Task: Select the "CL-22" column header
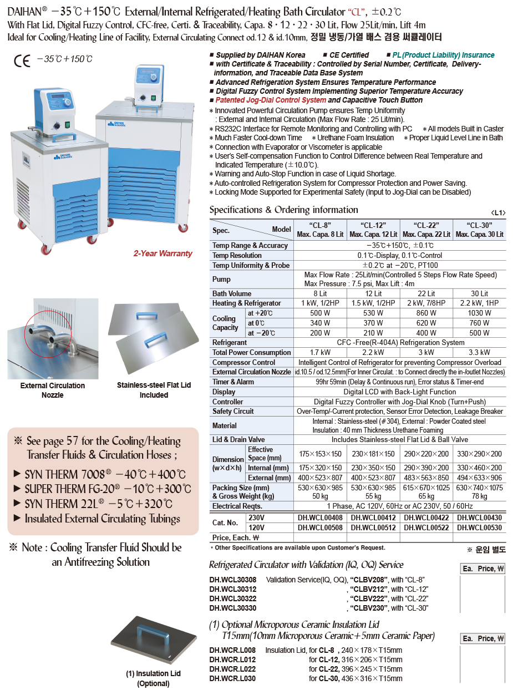point(426,229)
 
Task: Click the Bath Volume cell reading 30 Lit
point(479,293)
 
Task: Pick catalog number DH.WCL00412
point(374,517)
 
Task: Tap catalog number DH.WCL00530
point(479,527)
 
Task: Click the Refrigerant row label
point(230,343)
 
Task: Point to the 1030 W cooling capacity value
point(479,313)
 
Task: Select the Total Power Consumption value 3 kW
point(426,353)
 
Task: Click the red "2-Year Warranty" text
point(162,253)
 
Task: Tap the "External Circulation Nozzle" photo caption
point(53,390)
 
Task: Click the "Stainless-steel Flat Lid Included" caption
point(154,390)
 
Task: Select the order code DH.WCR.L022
point(232,669)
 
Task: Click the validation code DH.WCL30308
point(232,580)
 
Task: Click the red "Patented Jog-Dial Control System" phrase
point(271,100)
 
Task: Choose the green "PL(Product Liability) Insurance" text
point(443,55)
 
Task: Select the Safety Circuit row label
point(233,412)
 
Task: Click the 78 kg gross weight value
point(479,496)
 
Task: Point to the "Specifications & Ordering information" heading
point(283,210)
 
